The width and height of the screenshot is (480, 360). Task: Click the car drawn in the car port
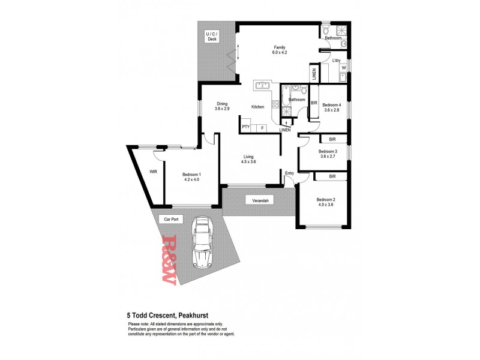point(202,244)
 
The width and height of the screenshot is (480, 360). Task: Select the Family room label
point(280,47)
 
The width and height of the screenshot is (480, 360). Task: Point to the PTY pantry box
point(246,127)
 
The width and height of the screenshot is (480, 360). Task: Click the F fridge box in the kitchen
point(262,127)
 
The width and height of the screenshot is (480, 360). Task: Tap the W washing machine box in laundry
point(344,68)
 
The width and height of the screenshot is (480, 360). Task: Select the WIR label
point(153,171)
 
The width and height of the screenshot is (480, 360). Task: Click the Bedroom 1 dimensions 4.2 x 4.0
point(191,179)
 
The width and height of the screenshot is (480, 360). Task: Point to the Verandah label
point(259,200)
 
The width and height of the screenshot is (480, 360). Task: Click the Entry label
point(289,173)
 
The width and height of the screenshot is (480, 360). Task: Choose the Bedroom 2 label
point(326,199)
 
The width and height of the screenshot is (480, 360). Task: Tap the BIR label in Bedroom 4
point(314,103)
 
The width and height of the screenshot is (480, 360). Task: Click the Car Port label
point(172,220)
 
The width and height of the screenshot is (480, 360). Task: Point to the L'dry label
point(337,60)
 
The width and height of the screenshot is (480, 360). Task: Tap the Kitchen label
point(258,107)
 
